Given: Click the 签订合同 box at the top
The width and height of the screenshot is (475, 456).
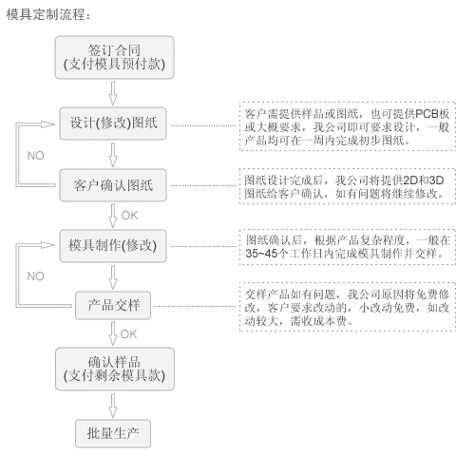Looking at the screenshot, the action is [114, 57].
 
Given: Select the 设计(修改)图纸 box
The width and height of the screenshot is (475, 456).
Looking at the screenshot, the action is [113, 123].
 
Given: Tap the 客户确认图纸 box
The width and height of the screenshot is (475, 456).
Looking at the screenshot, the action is [113, 185].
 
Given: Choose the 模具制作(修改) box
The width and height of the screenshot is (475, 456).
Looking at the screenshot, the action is [113, 246].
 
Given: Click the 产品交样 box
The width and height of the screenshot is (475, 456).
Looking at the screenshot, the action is [113, 305].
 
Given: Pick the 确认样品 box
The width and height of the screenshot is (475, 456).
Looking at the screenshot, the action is [115, 369].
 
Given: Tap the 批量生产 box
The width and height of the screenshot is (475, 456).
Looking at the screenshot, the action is [113, 433].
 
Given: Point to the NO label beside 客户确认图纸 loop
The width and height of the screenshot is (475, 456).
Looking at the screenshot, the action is [35, 156].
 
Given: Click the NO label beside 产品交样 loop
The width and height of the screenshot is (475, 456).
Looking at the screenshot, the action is [35, 276].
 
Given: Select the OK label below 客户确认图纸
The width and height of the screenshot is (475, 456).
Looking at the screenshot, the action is [129, 216].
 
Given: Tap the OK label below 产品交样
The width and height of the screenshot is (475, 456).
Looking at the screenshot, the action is [128, 334].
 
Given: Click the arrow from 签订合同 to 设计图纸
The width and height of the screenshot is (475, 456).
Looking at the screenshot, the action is [113, 93].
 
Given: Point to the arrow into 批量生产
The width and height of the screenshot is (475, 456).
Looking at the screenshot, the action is [113, 406].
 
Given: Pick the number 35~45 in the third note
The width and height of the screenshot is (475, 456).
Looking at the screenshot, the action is [261, 254].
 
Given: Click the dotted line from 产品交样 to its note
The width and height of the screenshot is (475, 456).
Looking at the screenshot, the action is [195, 306].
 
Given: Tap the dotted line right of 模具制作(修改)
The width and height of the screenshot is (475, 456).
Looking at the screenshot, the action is [203, 246].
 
